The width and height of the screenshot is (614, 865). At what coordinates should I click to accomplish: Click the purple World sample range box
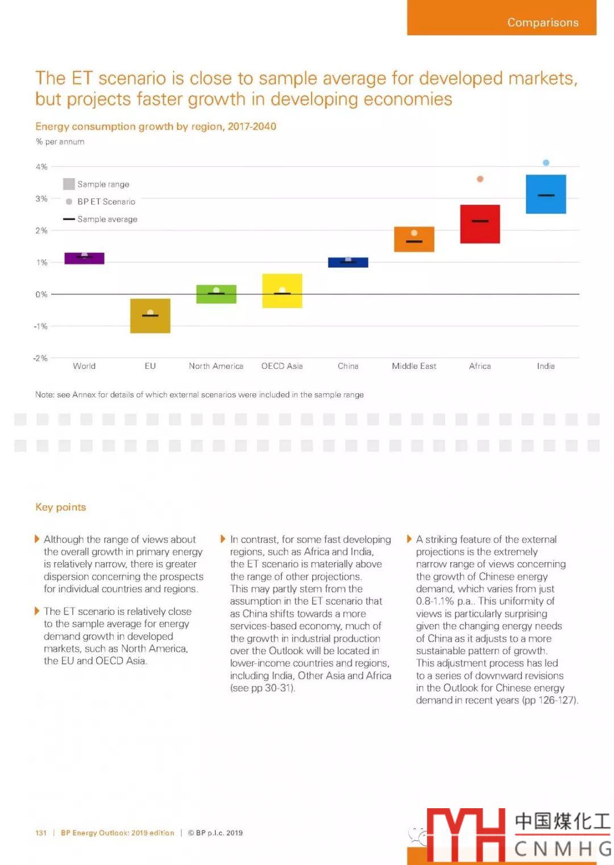click(x=84, y=259)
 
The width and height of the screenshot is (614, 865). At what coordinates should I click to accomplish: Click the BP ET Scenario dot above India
click(x=546, y=163)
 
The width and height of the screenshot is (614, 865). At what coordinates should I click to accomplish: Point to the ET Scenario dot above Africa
click(x=480, y=179)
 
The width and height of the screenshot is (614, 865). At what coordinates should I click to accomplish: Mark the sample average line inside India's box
click(x=546, y=195)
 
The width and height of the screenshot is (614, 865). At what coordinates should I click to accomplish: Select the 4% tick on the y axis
click(x=42, y=167)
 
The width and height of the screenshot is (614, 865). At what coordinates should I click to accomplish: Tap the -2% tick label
click(x=40, y=358)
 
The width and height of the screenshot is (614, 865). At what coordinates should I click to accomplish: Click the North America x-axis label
click(x=216, y=366)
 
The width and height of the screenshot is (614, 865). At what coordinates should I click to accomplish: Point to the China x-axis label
click(x=348, y=366)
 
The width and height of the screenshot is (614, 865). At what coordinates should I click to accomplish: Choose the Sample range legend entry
click(x=97, y=184)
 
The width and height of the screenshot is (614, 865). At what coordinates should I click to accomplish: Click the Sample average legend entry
click(x=101, y=219)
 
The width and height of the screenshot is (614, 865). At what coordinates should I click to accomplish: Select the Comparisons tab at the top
click(x=542, y=22)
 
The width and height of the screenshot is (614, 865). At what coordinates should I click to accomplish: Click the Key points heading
click(x=61, y=507)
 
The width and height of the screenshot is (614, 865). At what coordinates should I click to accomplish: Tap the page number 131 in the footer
click(x=41, y=833)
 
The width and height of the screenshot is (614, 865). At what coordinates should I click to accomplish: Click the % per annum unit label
click(x=60, y=142)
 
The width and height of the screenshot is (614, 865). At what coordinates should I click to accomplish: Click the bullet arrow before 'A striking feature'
click(x=409, y=539)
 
